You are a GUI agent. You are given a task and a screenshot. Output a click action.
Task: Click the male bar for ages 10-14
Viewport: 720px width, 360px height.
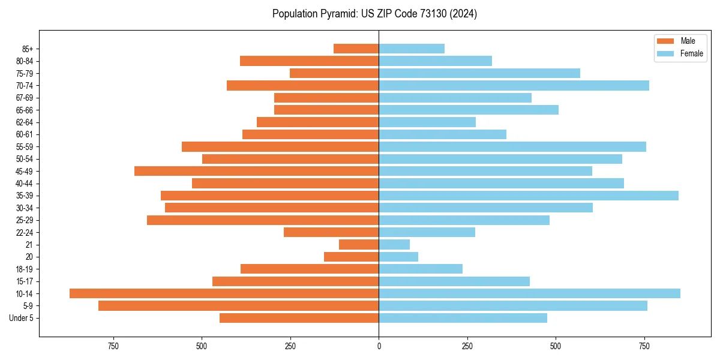coord(224,293)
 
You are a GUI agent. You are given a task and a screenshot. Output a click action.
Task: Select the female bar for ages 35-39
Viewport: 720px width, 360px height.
coord(528,196)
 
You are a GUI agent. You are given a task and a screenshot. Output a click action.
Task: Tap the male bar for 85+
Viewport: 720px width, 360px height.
coord(356,49)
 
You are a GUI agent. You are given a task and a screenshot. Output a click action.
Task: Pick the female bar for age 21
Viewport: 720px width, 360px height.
coord(394,244)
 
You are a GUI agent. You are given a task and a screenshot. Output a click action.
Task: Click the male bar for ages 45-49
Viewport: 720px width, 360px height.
coord(256,171)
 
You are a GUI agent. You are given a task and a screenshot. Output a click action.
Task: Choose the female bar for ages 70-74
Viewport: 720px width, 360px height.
coord(514,85)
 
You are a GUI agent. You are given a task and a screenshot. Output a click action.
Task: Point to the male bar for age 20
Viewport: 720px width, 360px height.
coord(351,257)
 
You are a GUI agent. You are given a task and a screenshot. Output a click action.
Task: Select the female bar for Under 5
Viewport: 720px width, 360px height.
coord(463,318)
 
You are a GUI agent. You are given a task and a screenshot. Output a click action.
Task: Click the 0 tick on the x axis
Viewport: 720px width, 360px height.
coord(379,346)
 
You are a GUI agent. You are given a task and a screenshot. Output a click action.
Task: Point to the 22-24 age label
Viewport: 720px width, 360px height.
coord(25,232)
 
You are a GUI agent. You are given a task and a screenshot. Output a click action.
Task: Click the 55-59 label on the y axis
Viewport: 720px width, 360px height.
coord(25,146)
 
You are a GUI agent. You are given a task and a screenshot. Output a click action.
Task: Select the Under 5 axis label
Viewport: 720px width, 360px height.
coord(21,318)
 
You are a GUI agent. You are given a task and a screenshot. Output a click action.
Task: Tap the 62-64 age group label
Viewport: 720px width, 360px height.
coord(25,122)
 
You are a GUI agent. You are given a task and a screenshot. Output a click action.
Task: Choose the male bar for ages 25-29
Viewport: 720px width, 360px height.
coord(263,220)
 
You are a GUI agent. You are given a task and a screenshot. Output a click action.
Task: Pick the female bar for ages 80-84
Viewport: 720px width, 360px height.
coord(435,61)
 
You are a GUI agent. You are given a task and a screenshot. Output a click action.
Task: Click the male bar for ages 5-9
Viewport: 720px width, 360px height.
coord(238,306)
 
